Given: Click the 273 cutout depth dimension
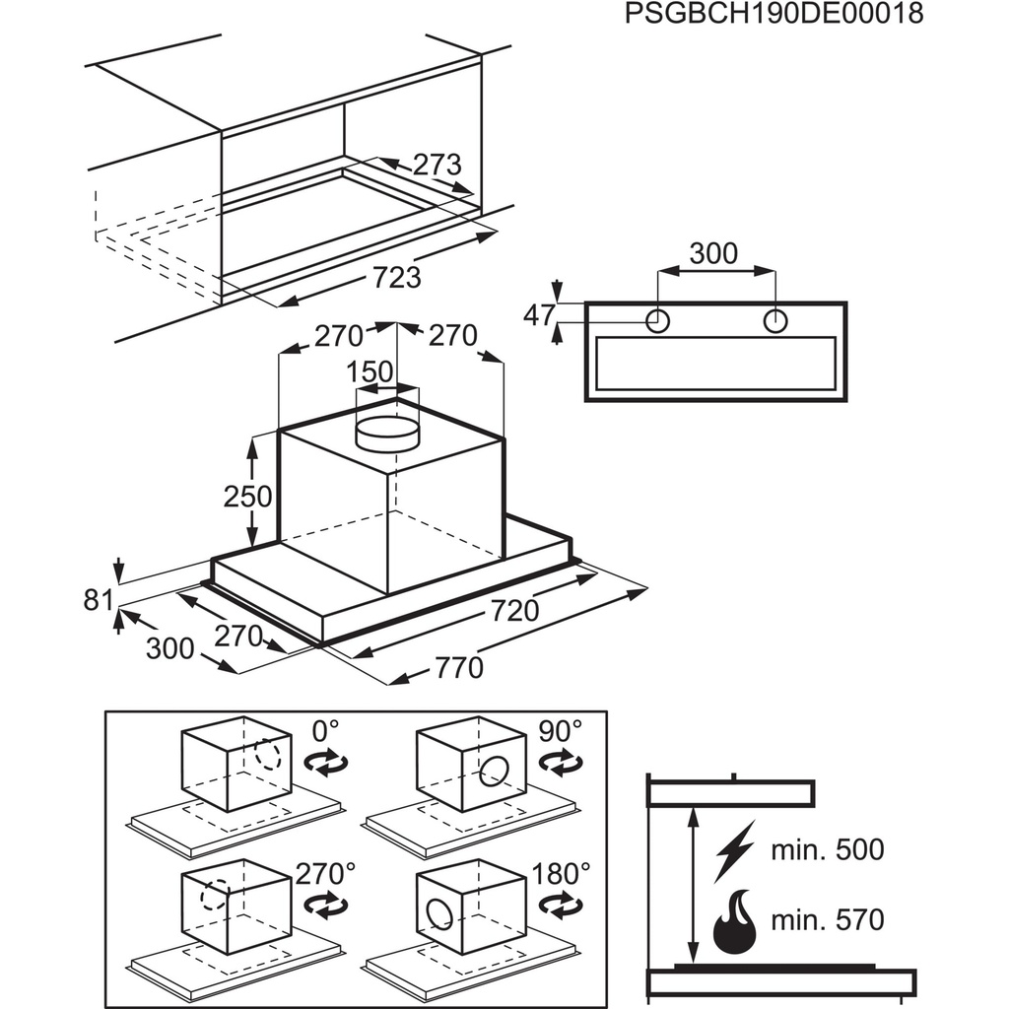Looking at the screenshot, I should point(437,164).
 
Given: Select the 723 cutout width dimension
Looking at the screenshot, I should point(396,277).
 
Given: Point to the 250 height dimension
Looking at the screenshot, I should point(247,496).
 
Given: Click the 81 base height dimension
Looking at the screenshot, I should point(99,598).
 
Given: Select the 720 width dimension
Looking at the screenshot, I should point(514,611).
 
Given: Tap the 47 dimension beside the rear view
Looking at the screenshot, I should point(538,315).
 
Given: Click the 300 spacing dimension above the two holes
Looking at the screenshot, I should point(712,254).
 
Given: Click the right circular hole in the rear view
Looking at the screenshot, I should point(775,320).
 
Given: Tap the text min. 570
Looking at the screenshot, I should point(828,920).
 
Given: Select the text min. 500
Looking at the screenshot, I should point(828,849).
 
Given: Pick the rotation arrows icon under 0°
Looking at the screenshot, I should point(327,762).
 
